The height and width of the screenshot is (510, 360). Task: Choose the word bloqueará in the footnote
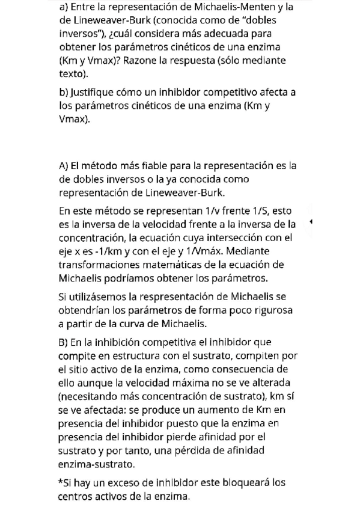pyautogui.click(x=240, y=483)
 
